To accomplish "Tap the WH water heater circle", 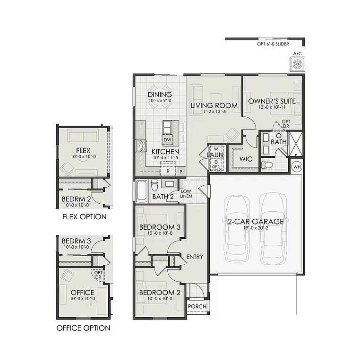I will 297,166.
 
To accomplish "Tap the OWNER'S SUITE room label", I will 272,101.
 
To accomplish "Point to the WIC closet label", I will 246,159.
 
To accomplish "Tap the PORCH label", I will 197,306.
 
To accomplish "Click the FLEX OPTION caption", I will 84,217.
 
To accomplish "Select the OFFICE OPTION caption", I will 83,328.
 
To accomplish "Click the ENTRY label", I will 195,257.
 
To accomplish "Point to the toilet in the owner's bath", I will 267,165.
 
